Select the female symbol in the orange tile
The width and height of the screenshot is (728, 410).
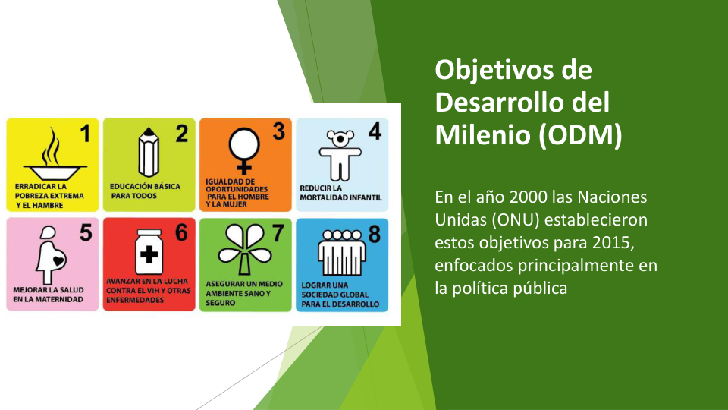[244, 150]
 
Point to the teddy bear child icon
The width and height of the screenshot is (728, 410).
[340, 155]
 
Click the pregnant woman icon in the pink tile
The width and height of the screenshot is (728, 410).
[51, 255]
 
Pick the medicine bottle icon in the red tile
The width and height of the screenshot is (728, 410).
[149, 251]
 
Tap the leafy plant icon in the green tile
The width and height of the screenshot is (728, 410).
[245, 250]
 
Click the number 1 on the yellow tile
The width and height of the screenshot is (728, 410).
[85, 134]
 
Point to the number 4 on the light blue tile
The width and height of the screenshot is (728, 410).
[375, 131]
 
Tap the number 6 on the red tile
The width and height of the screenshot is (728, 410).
[181, 232]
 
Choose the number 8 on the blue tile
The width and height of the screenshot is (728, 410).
[375, 234]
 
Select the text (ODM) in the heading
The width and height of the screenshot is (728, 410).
[580, 135]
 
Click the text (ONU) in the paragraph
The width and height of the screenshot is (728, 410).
[516, 220]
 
